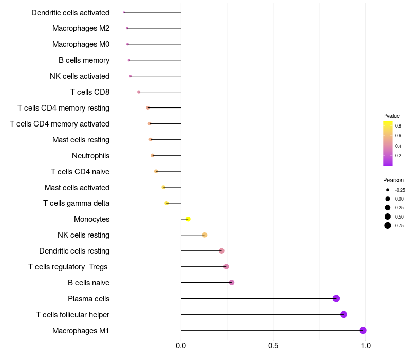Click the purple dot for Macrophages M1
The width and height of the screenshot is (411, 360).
(x=363, y=330)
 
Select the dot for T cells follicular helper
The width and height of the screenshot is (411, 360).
(x=344, y=314)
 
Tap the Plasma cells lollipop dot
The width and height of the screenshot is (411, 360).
(x=336, y=298)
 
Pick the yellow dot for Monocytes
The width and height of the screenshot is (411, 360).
(x=188, y=219)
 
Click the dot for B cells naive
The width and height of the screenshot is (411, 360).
(x=232, y=282)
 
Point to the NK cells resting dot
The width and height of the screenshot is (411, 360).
(x=204, y=235)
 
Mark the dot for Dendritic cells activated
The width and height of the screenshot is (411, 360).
(x=124, y=12)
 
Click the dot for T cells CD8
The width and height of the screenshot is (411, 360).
(x=139, y=92)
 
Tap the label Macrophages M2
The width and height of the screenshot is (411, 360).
(x=81, y=28)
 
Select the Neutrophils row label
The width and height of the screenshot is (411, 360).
(x=90, y=155)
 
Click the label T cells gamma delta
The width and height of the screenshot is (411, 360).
(x=76, y=203)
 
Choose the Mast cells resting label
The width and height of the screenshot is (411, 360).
(x=81, y=139)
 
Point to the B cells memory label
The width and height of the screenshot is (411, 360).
(x=84, y=60)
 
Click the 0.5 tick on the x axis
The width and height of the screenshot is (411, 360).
(x=273, y=345)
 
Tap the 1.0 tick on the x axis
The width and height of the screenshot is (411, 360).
(x=366, y=345)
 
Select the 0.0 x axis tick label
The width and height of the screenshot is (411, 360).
(x=181, y=345)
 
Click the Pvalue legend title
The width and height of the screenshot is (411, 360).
(x=391, y=116)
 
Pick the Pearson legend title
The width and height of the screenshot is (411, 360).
(x=394, y=180)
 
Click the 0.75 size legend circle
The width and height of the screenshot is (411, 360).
(x=388, y=225)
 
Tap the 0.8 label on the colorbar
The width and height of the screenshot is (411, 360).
(x=398, y=125)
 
